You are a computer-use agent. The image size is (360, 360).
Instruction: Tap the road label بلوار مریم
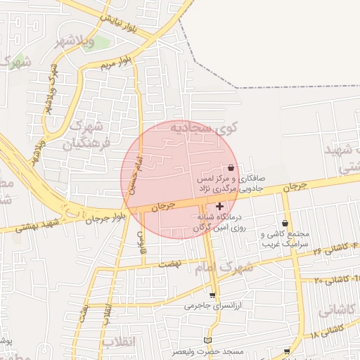click(x=116, y=63)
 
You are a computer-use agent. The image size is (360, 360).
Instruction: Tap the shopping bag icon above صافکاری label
click(x=231, y=167)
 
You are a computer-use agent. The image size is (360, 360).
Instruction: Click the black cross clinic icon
click(x=220, y=206)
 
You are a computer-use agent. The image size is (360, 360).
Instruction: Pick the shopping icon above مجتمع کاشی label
click(x=285, y=223)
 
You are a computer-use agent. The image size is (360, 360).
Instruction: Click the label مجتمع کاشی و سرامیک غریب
click(x=285, y=239)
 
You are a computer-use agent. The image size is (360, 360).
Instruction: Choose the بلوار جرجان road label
click(x=104, y=216)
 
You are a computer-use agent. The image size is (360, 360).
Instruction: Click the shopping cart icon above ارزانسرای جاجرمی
click(x=212, y=295)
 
